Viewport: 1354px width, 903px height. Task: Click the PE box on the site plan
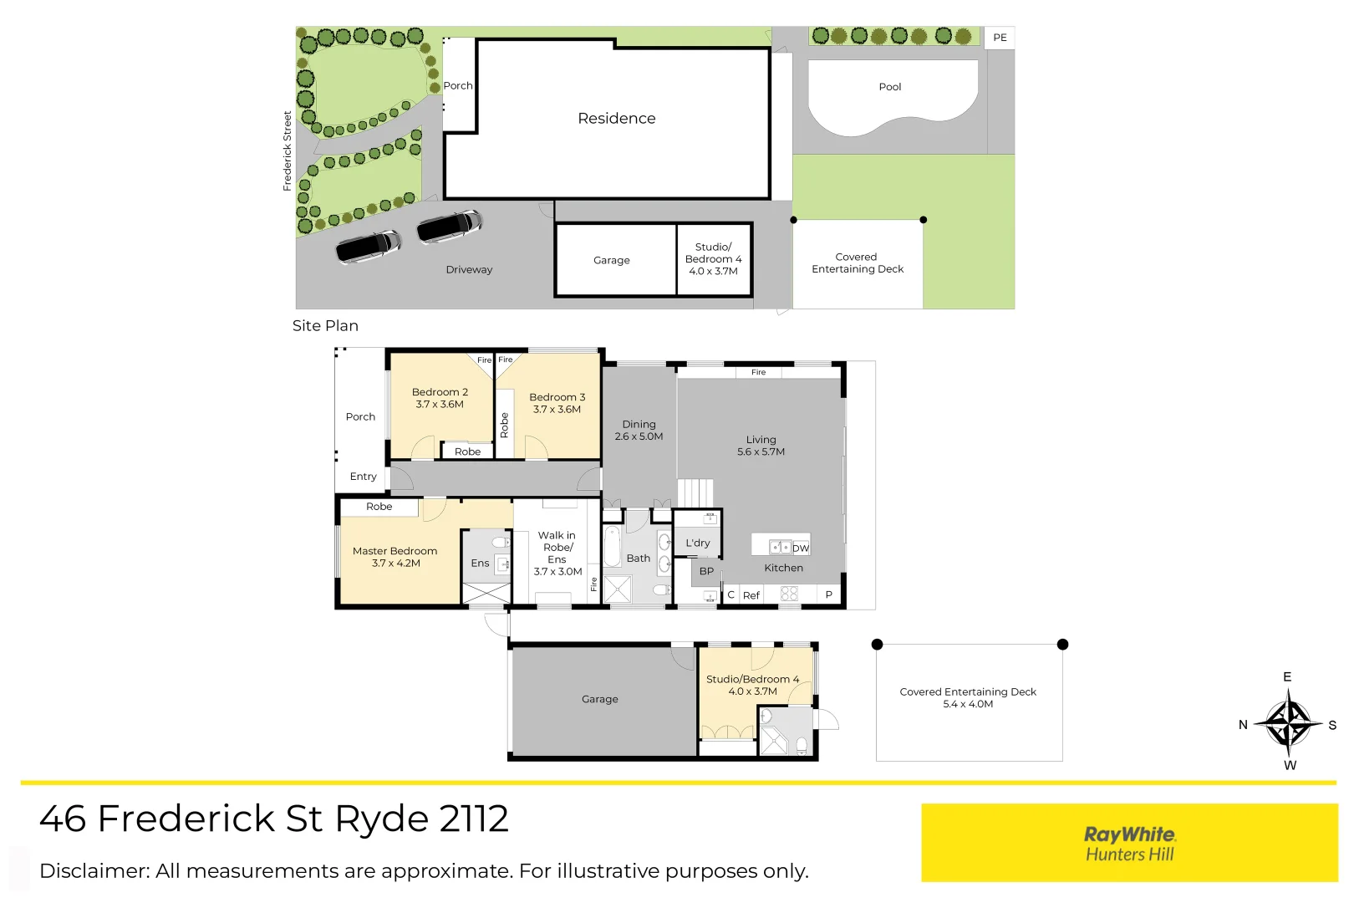tap(1000, 38)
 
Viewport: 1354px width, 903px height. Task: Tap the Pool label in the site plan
tap(889, 87)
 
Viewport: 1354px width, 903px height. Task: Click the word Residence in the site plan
tap(616, 119)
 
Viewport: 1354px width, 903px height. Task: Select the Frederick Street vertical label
tap(288, 151)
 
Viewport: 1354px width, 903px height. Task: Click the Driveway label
tap(469, 270)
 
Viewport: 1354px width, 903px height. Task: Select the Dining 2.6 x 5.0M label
tap(639, 431)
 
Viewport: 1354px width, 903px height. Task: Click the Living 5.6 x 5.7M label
tap(761, 446)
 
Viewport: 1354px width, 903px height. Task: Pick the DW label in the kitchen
tap(801, 548)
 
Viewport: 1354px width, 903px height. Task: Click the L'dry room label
tap(697, 543)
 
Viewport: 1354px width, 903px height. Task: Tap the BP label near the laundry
tap(706, 572)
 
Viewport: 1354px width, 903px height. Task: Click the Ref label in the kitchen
tap(751, 596)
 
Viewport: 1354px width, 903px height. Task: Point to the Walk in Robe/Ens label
tap(557, 548)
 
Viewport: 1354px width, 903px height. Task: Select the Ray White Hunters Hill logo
tap(1129, 843)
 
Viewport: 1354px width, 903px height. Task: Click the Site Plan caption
tap(325, 326)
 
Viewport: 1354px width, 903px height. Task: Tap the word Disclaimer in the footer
tap(94, 871)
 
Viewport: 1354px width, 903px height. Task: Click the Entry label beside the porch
tap(363, 477)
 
